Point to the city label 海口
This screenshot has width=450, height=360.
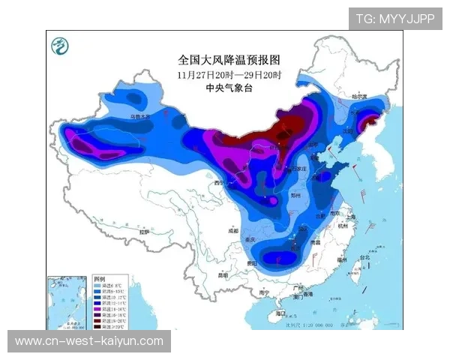coord(281,313)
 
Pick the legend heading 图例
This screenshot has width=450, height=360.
coord(99,278)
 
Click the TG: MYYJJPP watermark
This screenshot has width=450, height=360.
coord(394,18)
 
